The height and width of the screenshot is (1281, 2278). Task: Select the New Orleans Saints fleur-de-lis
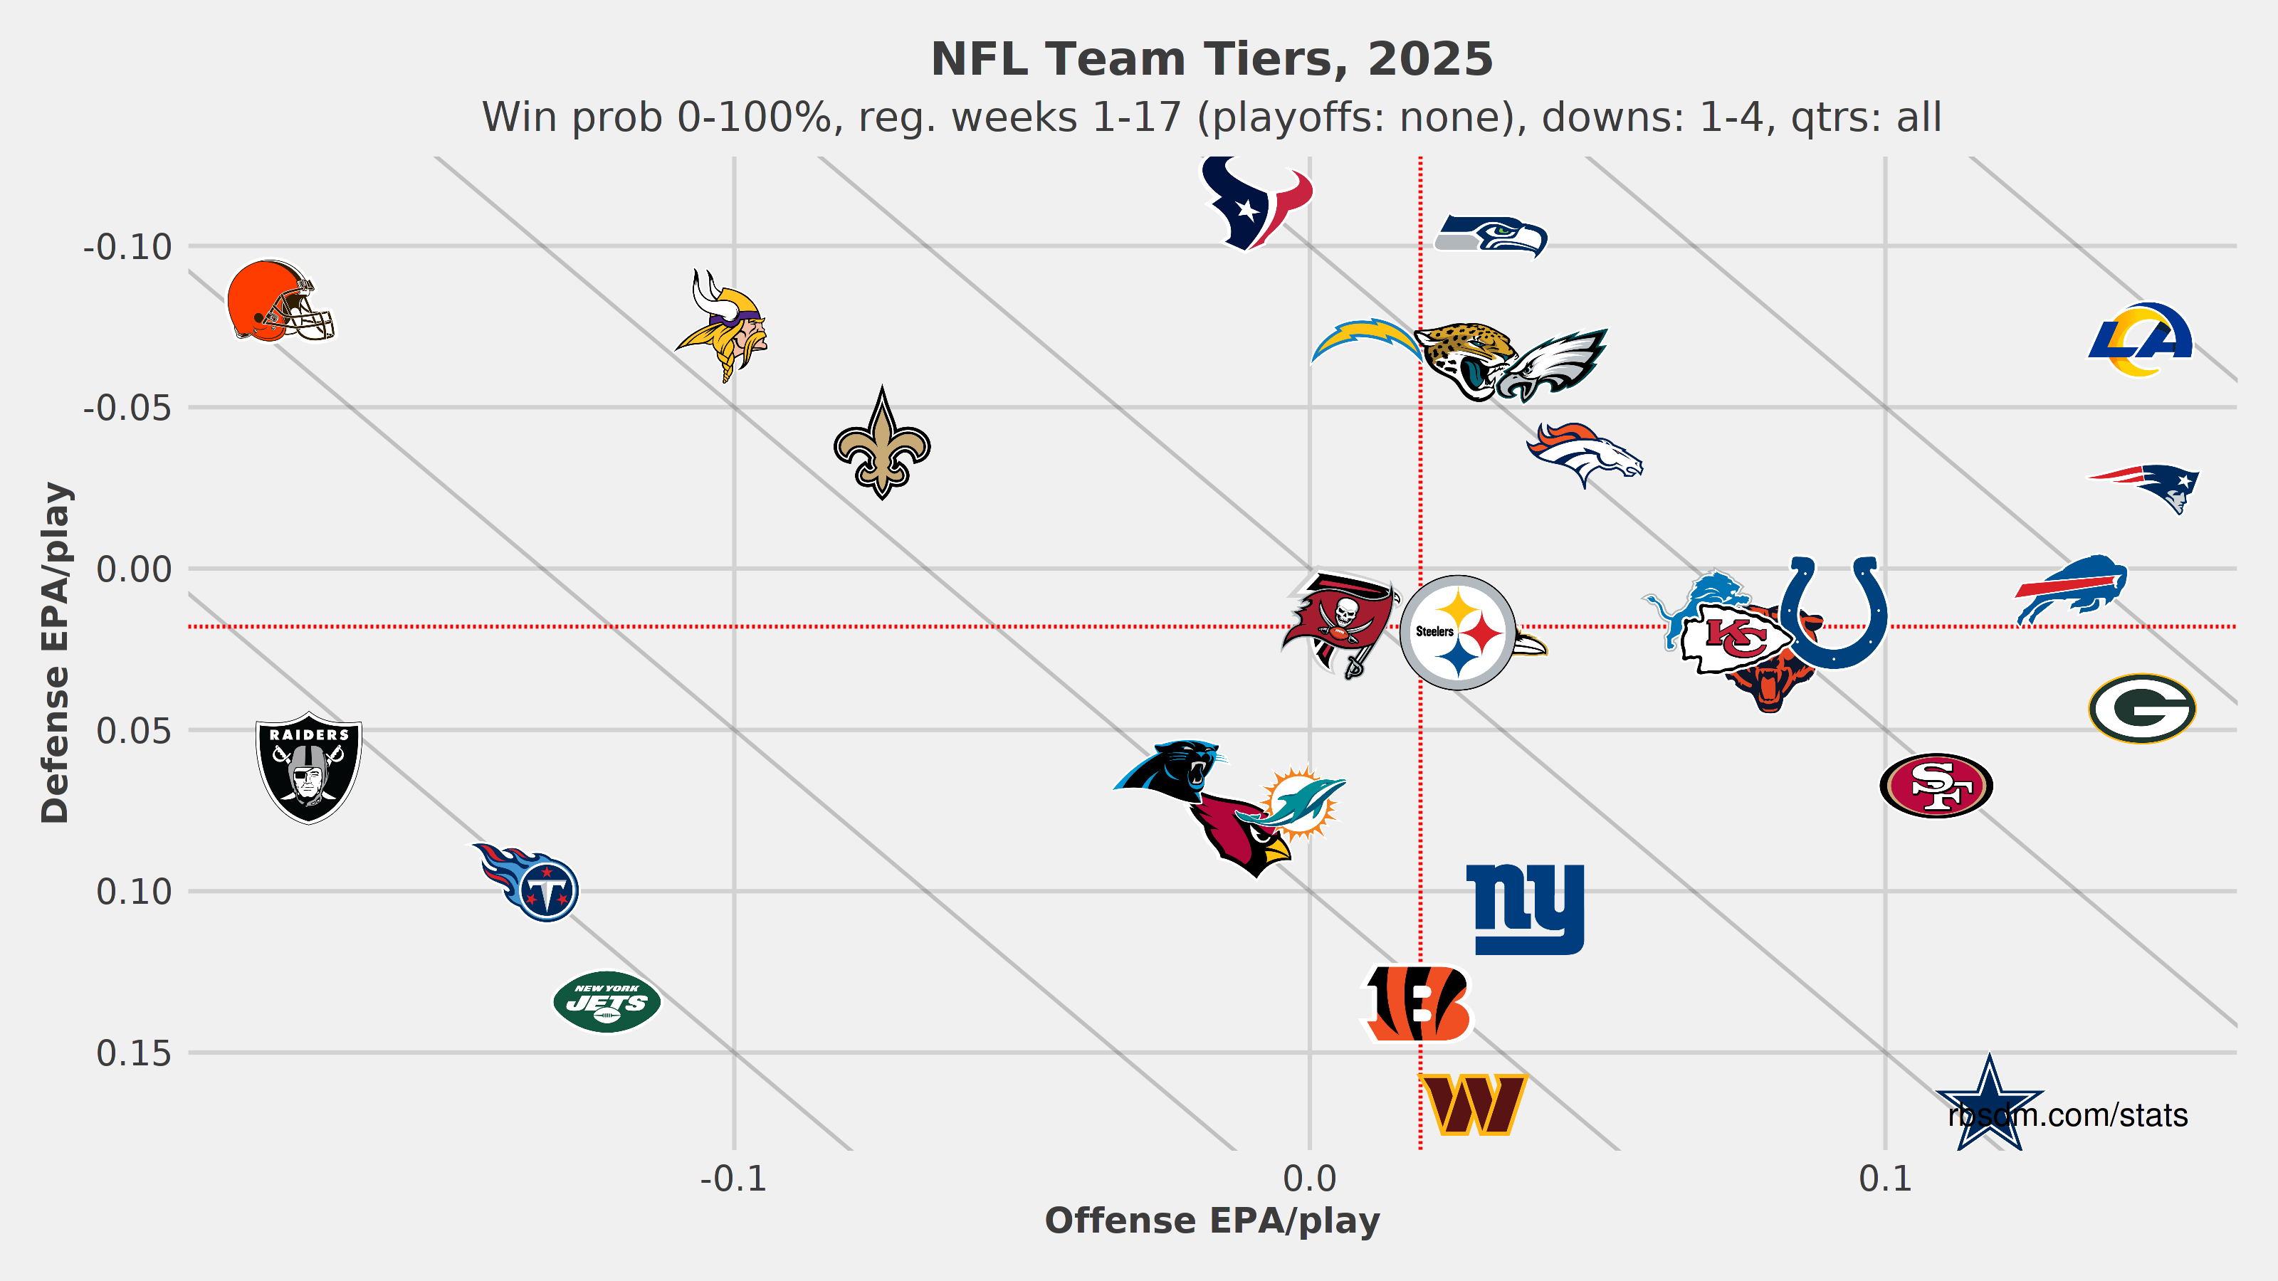(x=882, y=444)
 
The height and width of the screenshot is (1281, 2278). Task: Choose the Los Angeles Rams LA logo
(x=2140, y=339)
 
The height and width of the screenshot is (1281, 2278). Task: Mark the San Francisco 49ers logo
(x=1936, y=785)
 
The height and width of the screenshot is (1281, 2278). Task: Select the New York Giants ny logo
(x=1526, y=909)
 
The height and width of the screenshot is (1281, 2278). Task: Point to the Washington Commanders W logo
(x=1472, y=1105)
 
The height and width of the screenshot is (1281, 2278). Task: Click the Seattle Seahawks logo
(x=1490, y=235)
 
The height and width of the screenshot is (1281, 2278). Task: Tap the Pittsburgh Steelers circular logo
(x=1457, y=632)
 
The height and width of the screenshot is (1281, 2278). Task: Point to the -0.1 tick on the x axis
(x=733, y=1179)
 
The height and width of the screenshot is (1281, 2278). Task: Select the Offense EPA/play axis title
(x=1212, y=1221)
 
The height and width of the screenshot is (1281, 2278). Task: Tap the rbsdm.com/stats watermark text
(x=2067, y=1116)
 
